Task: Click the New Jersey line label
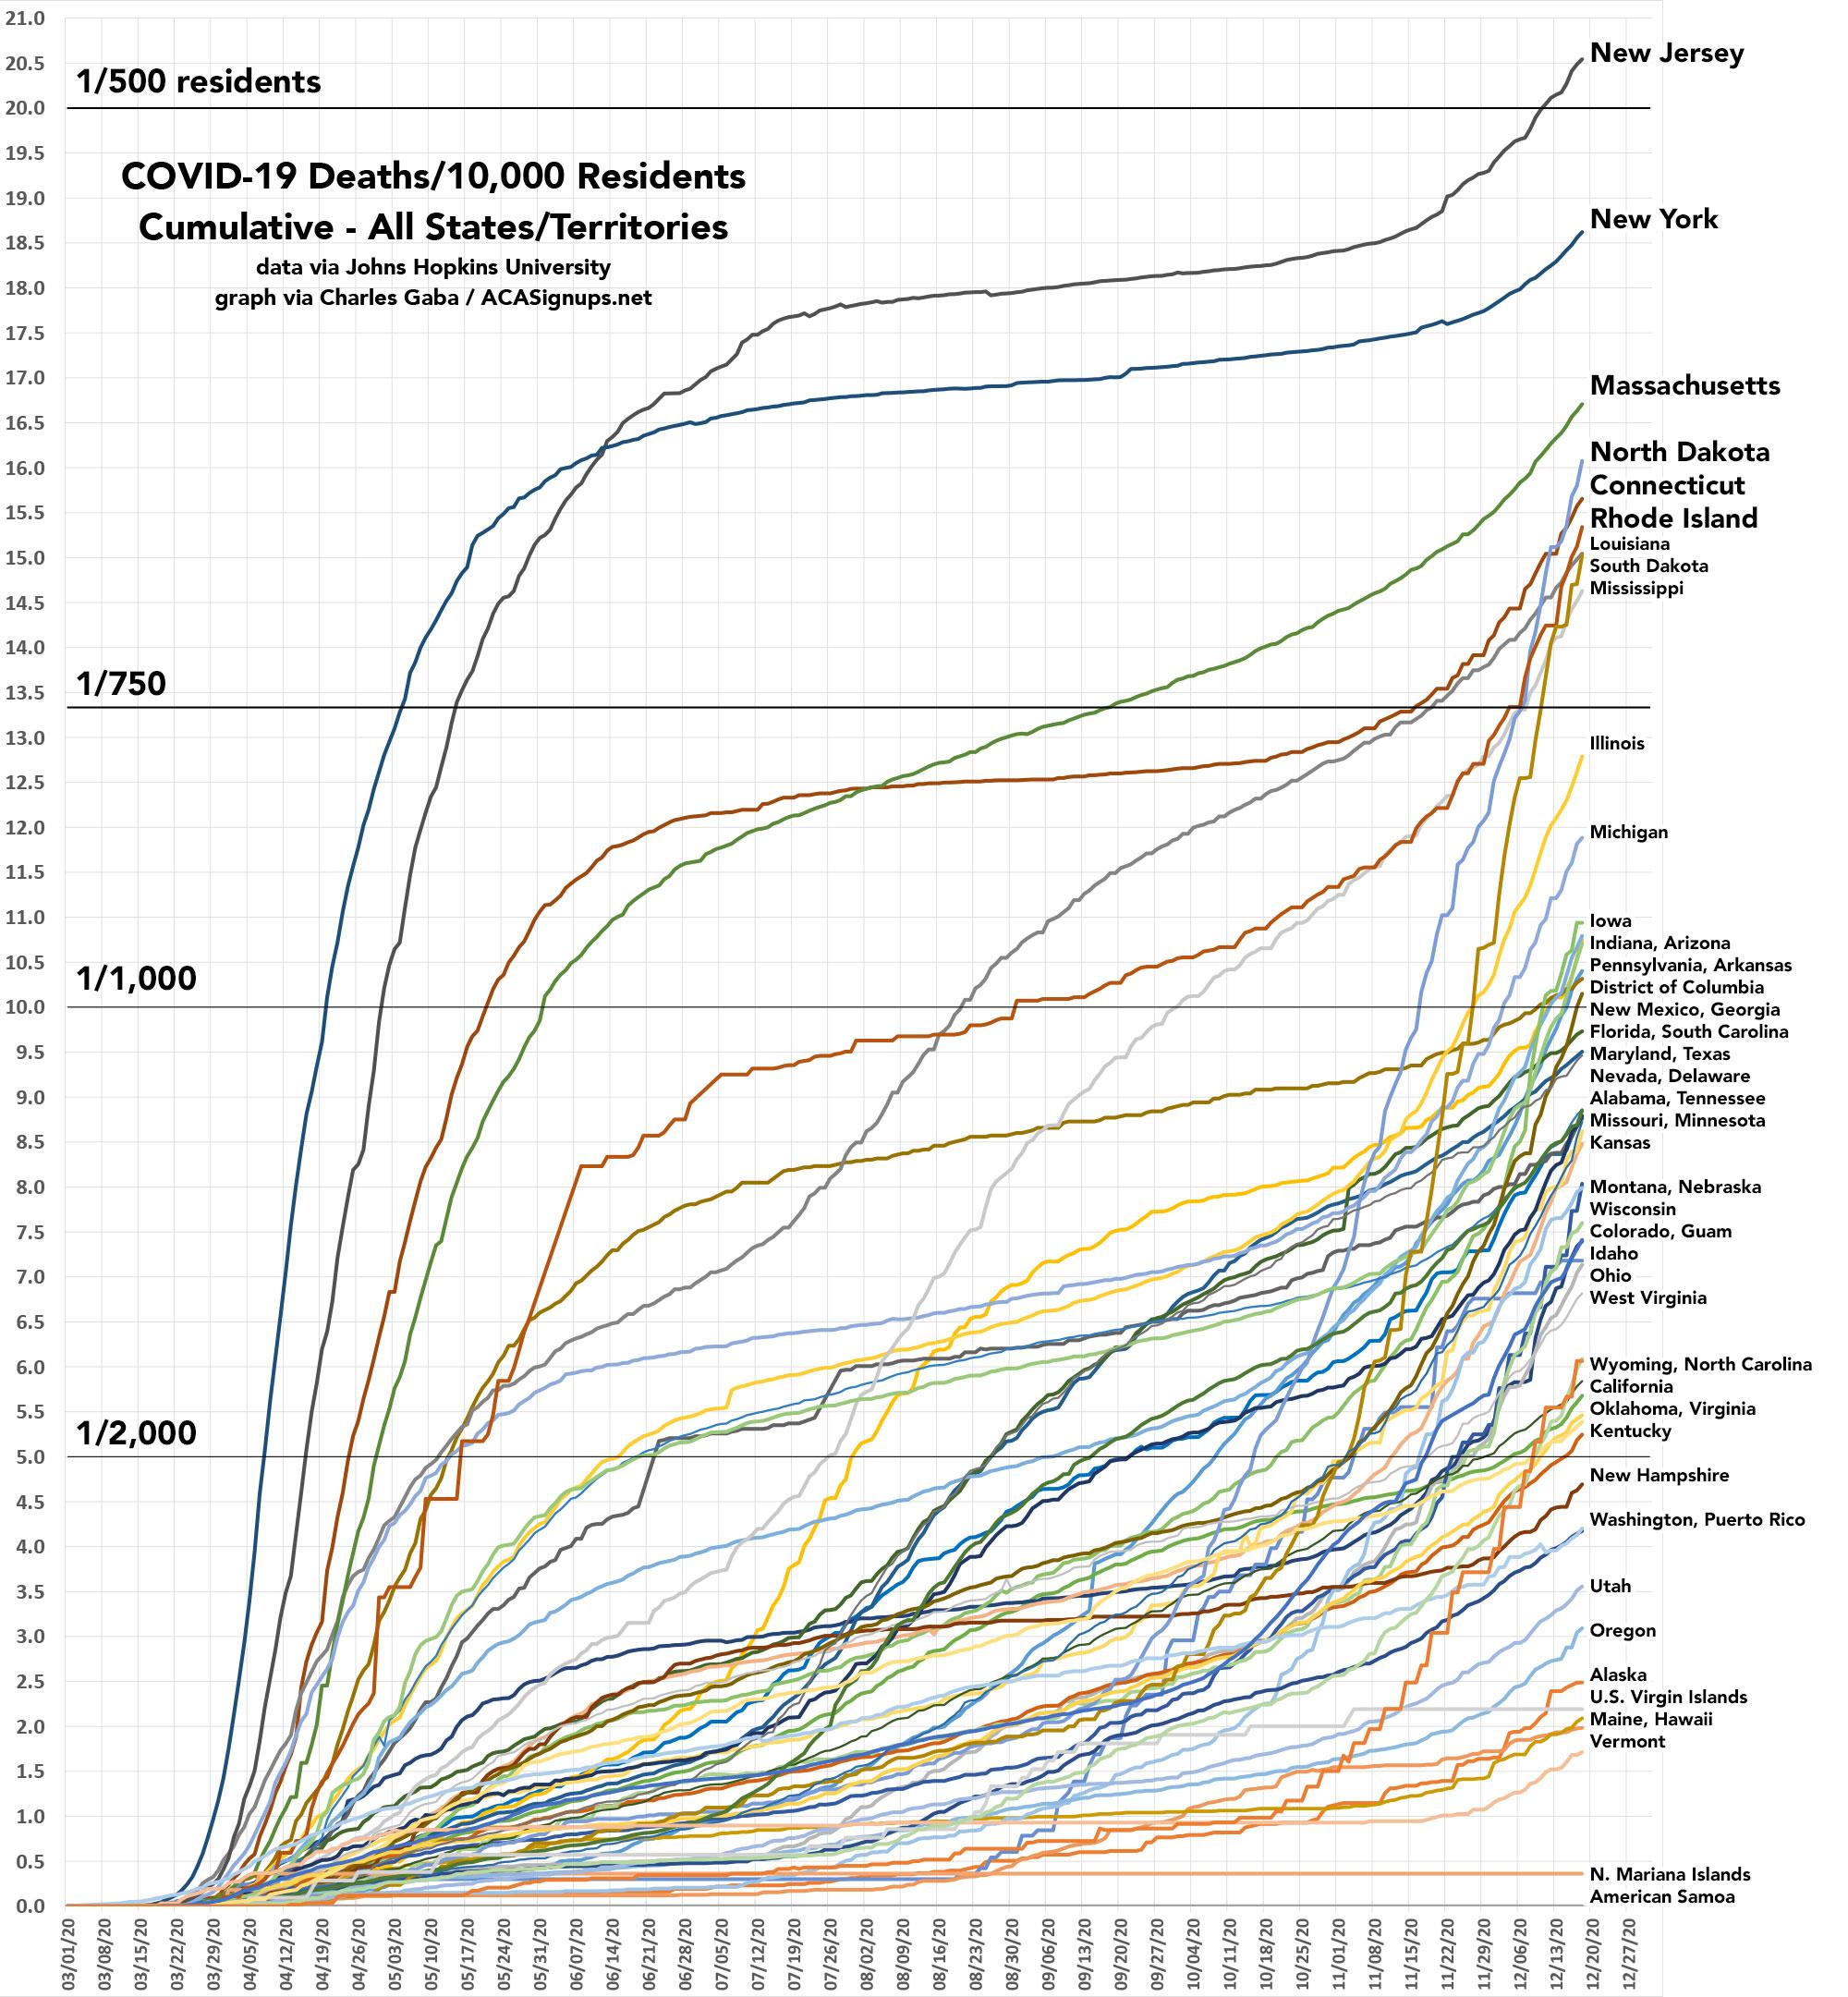pyautogui.click(x=1666, y=53)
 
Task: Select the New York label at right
pyautogui.click(x=1653, y=219)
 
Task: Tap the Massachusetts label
pyautogui.click(x=1684, y=385)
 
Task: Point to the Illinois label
pyautogui.click(x=1617, y=743)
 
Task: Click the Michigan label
pyautogui.click(x=1628, y=832)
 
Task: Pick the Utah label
pyautogui.click(x=1610, y=1586)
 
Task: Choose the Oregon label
pyautogui.click(x=1622, y=1630)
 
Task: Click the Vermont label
pyautogui.click(x=1627, y=1741)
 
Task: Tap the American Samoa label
pyautogui.click(x=1662, y=1897)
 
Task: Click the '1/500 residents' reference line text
pyautogui.click(x=198, y=82)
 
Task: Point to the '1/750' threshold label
pyautogui.click(x=121, y=684)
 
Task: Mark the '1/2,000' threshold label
pyautogui.click(x=136, y=1433)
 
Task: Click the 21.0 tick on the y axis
pyautogui.click(x=25, y=18)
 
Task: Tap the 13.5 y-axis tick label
pyautogui.click(x=25, y=693)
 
